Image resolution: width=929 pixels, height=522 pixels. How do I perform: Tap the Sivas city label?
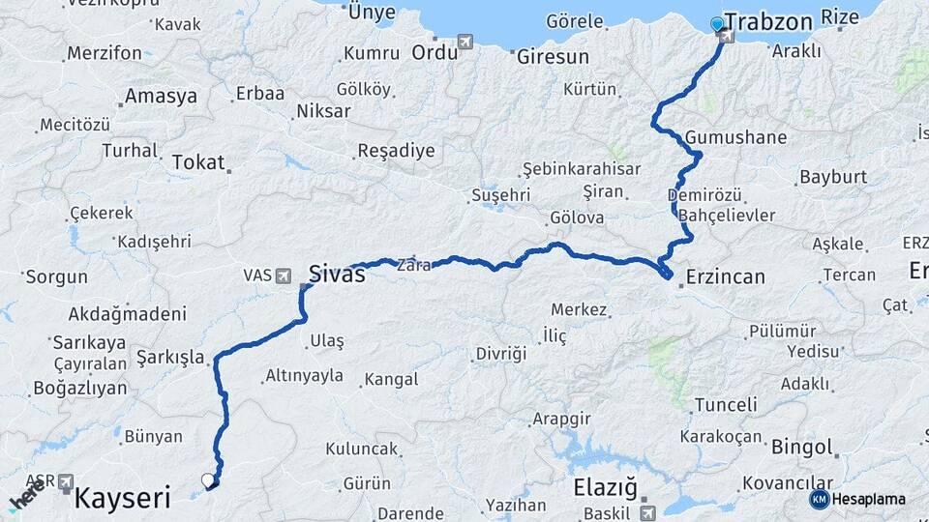click(x=337, y=275)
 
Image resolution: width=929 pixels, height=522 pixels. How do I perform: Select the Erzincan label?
click(x=725, y=277)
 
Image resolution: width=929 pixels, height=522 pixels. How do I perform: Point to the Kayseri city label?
click(x=122, y=499)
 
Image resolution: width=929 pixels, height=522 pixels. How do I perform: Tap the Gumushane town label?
click(x=735, y=137)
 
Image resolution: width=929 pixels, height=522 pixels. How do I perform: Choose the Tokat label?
click(x=197, y=163)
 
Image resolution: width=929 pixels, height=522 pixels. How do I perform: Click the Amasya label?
click(x=161, y=97)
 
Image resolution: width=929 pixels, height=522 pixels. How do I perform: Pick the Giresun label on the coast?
click(x=553, y=57)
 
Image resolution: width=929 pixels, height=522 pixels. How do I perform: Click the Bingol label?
click(x=801, y=448)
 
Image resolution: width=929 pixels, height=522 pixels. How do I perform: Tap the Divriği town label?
click(x=501, y=354)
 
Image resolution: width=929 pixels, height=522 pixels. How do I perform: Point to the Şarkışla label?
click(x=170, y=358)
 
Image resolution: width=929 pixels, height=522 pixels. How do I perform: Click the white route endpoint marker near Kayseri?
click(x=207, y=479)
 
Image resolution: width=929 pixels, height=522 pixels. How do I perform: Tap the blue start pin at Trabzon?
click(x=716, y=24)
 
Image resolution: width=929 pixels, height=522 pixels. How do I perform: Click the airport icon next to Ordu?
click(x=467, y=43)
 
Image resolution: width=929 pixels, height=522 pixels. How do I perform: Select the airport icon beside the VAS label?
click(x=284, y=275)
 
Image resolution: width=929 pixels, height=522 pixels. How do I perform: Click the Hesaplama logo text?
click(x=870, y=500)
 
